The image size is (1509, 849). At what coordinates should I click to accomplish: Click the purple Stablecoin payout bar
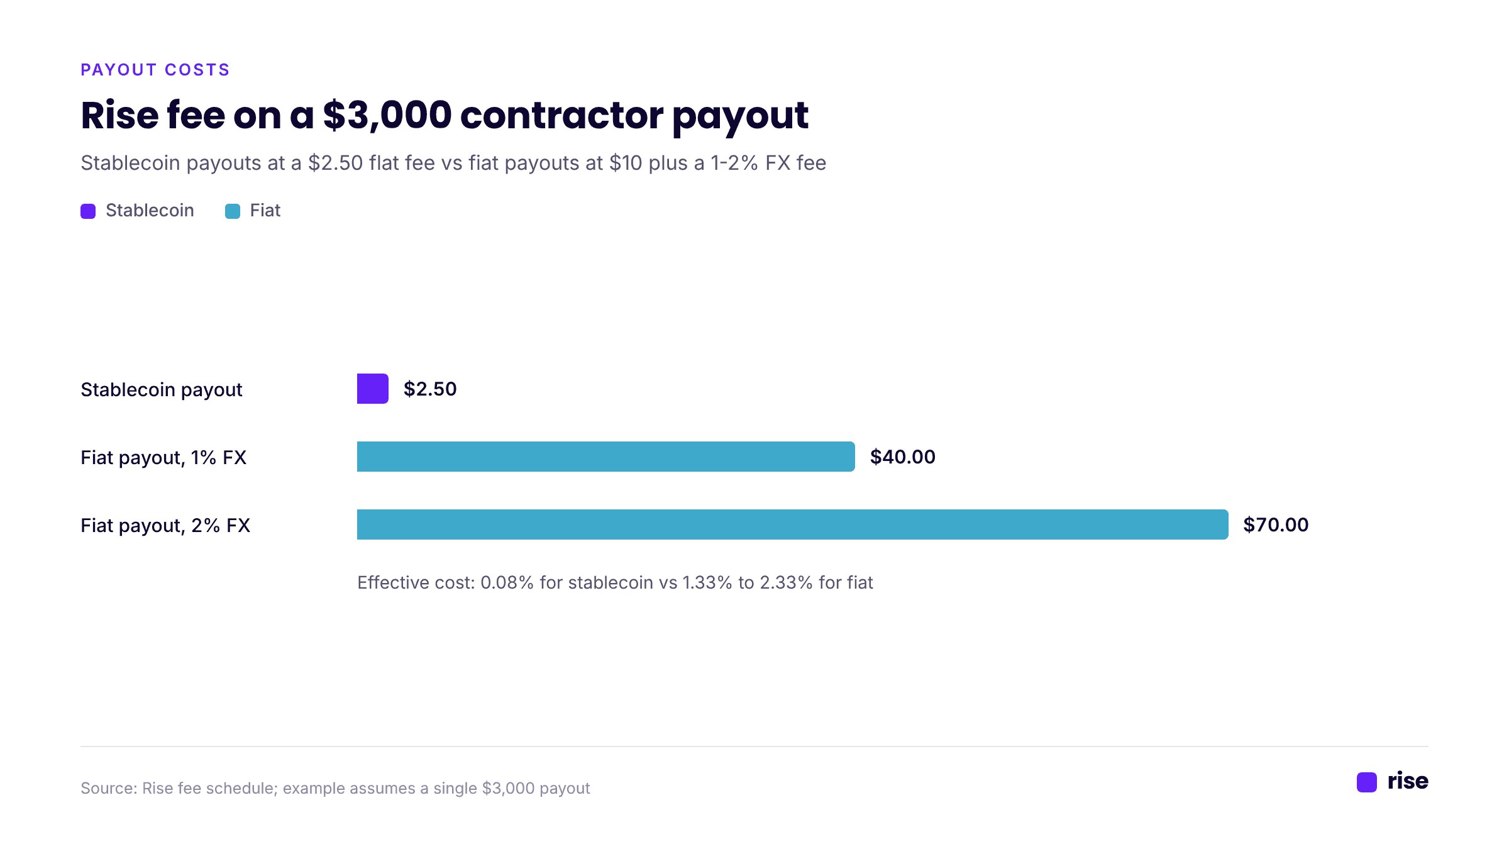372,389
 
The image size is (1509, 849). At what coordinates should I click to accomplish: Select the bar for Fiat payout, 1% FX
605,457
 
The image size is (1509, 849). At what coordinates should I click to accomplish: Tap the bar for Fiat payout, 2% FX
792,524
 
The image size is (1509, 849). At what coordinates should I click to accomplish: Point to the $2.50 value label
430,389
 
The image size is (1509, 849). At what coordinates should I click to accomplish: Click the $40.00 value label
902,457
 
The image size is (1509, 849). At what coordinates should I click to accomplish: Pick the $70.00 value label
1276,525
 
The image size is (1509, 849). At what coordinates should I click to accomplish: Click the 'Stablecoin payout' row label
161,390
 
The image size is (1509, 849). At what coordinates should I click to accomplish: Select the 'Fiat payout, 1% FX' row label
163,458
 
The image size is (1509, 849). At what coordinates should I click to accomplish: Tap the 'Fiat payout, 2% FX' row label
165,526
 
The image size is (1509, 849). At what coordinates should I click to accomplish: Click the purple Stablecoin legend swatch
88,211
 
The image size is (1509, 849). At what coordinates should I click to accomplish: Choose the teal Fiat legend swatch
233,211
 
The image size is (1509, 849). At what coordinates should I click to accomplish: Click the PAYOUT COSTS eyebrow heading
155,70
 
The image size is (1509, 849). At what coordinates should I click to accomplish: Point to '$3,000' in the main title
387,116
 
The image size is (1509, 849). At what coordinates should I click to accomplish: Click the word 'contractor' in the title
561,116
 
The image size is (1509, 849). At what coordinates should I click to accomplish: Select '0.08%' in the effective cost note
507,583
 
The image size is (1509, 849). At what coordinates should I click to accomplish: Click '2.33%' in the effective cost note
787,583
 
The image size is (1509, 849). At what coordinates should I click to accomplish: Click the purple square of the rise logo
1367,782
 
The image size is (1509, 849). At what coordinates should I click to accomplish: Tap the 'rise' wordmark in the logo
1408,781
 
